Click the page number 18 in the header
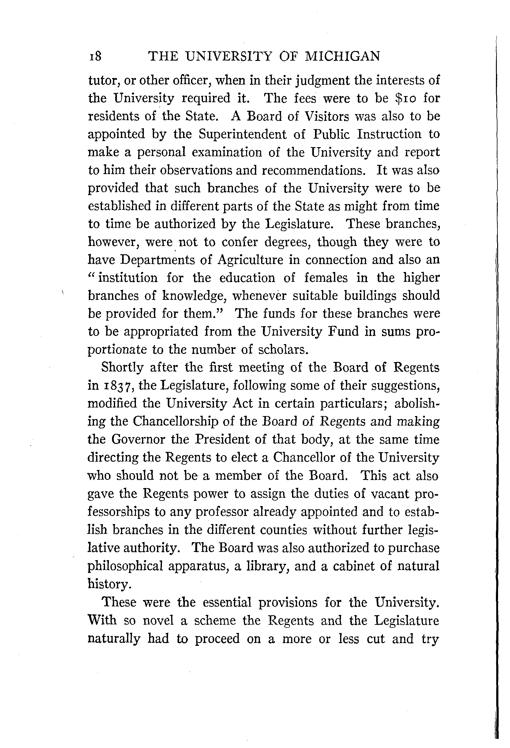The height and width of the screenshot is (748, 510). pos(95,56)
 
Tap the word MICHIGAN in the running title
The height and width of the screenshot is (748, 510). pos(342,56)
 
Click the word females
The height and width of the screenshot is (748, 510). pos(326,278)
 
